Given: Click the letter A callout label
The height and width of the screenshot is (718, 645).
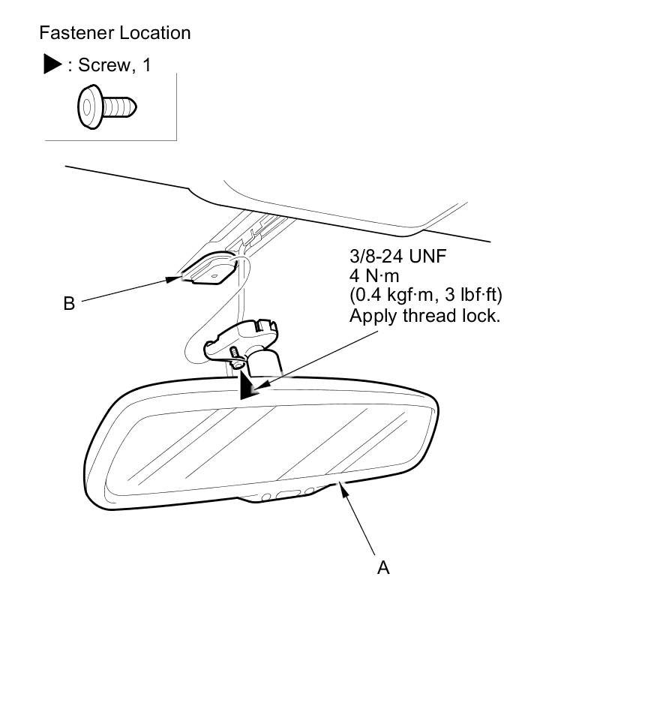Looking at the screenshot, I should tap(383, 568).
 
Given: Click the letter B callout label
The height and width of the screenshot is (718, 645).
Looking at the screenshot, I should tap(69, 304).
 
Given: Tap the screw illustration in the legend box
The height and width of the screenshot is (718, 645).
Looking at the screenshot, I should tap(107, 107).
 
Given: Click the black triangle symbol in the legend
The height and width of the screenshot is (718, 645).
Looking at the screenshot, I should tap(52, 65).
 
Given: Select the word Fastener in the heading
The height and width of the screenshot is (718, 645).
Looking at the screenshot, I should tap(72, 33).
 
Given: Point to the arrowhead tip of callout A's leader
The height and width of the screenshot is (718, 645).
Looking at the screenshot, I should tap(341, 485).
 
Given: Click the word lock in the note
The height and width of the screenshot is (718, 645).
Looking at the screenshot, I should tap(482, 315).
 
